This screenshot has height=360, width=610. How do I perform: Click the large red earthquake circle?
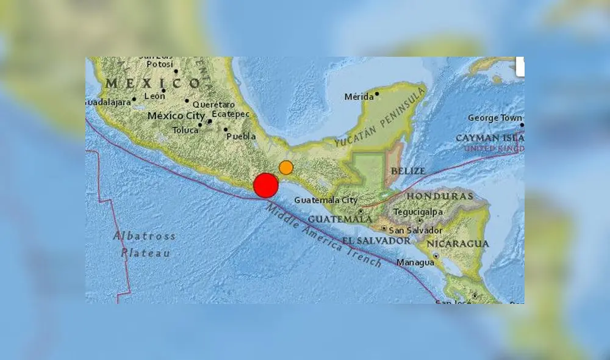coord(265,185)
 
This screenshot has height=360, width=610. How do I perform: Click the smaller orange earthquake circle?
coord(286,167)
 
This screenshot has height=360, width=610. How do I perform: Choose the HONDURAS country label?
coord(440,196)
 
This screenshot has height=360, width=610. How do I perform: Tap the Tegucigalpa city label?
coord(417,212)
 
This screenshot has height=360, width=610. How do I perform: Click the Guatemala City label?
coord(325,200)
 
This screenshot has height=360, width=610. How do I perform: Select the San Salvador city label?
coord(415,231)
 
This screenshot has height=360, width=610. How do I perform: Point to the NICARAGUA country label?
coord(457,243)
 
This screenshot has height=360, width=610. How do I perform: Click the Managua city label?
coord(415,263)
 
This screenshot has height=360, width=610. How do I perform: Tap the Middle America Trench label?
coord(323,236)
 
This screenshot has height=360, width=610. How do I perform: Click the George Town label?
coord(495,118)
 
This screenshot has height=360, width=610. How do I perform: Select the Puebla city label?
coord(241,137)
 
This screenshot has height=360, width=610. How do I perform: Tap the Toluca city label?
coord(185,130)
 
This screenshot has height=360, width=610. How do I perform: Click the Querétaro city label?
coord(213,104)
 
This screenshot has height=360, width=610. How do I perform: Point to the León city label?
coord(154,96)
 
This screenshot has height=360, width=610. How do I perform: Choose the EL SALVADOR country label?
coord(376,241)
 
